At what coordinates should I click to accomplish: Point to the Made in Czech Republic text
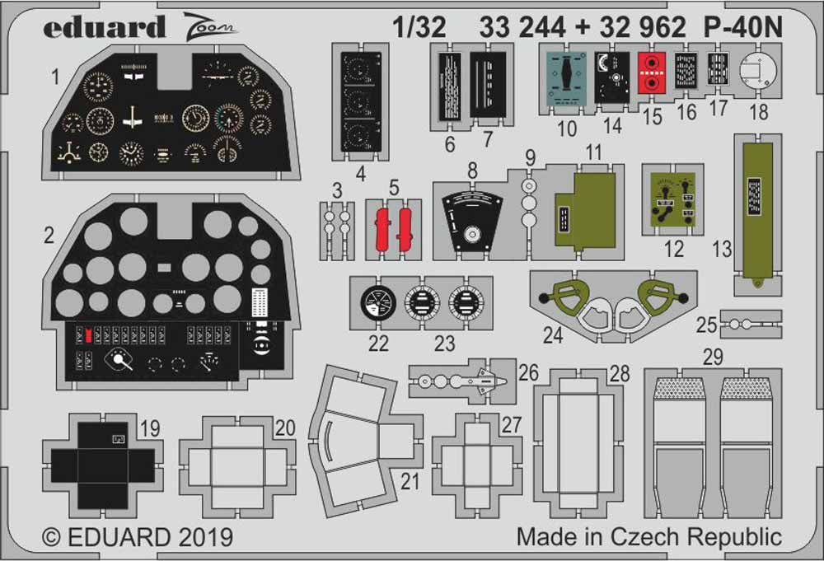[648, 537]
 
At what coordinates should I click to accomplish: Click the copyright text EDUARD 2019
[138, 538]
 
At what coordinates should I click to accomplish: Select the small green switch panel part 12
[673, 202]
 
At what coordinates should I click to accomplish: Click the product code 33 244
[522, 27]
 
